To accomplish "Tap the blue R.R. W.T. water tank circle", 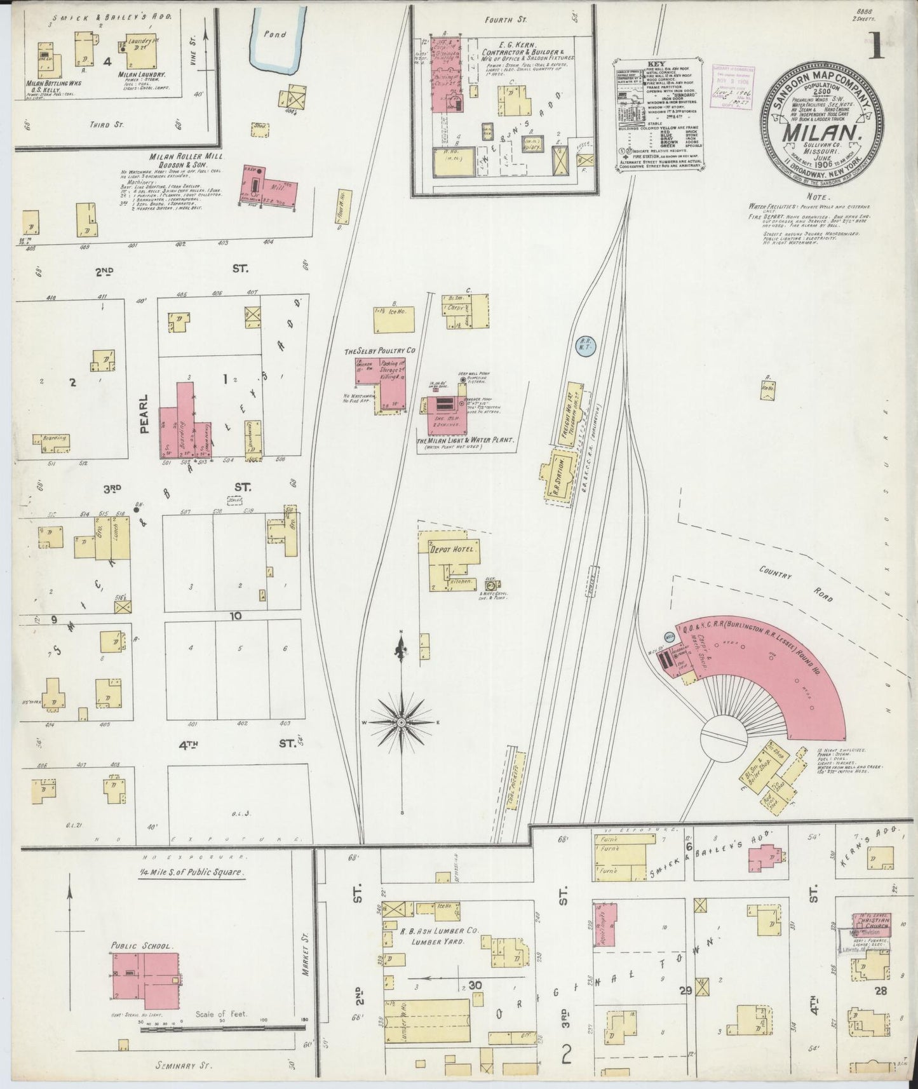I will tap(583, 346).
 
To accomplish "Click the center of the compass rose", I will tap(402, 723).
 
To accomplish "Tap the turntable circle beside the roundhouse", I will tap(725, 738).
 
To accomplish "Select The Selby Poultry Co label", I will tap(379, 351).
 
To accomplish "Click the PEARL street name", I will tap(144, 414).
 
